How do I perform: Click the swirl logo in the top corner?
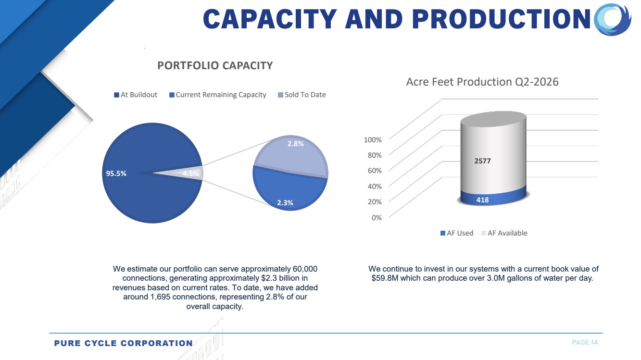tap(613, 20)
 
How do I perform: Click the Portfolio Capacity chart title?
tap(215, 66)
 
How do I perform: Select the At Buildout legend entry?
tap(136, 95)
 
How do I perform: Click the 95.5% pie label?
tap(116, 174)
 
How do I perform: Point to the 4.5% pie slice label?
tap(191, 174)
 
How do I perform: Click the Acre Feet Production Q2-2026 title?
tap(482, 82)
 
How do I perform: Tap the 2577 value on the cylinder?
tap(482, 161)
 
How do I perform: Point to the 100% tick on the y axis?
tap(373, 140)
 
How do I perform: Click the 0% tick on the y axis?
tap(377, 217)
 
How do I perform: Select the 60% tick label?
tap(375, 171)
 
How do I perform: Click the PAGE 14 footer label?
tap(585, 343)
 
